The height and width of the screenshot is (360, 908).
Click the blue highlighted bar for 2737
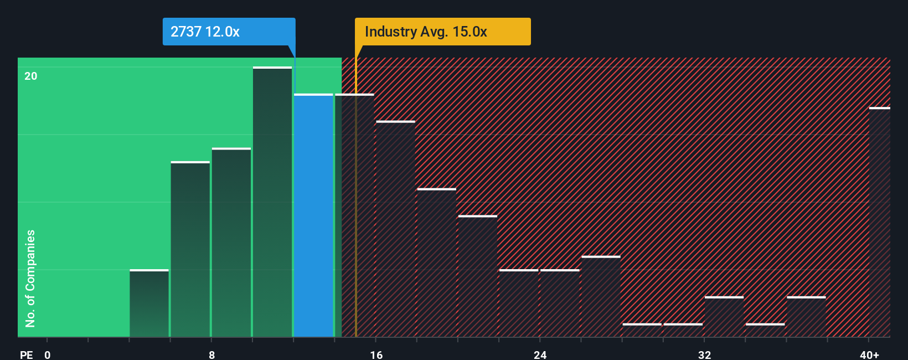tap(313, 216)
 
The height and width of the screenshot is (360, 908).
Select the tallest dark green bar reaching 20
tap(272, 202)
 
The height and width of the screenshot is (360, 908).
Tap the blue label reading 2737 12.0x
tap(229, 32)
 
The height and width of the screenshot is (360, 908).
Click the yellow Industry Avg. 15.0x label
tap(442, 32)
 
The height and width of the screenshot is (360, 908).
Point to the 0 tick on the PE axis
tap(48, 354)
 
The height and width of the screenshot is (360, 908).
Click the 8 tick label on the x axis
tap(211, 354)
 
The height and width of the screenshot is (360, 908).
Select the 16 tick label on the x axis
tap(376, 354)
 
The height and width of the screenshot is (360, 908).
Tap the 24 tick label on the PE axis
tap(540, 354)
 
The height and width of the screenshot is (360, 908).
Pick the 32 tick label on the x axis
tap(704, 354)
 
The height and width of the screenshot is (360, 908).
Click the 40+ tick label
tap(869, 354)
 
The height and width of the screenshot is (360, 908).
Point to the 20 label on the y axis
tap(31, 76)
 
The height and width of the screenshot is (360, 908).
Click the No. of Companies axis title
tap(30, 278)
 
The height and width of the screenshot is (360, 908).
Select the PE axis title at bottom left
tap(26, 354)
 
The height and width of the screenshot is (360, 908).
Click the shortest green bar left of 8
tap(149, 304)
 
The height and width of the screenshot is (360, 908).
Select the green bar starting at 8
tap(231, 243)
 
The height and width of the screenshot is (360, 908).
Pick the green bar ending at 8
tap(190, 249)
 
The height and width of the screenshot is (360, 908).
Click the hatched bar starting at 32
tap(724, 317)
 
